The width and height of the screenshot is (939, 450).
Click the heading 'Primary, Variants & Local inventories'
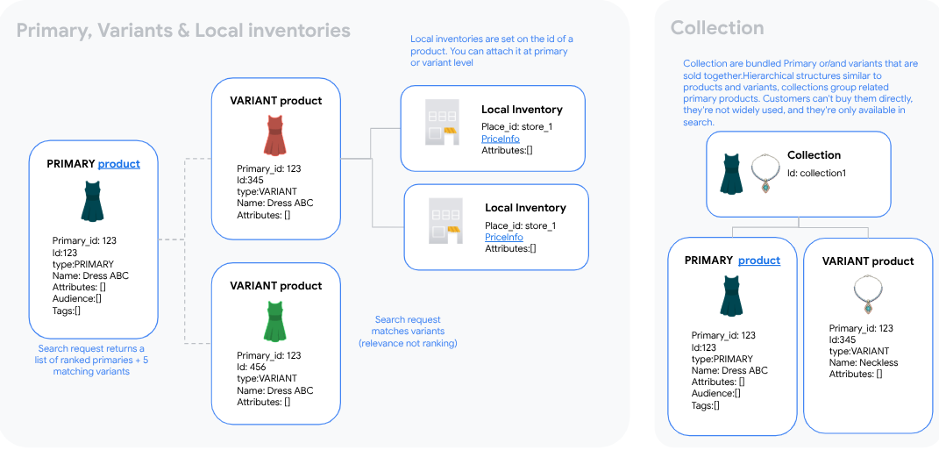tap(183, 31)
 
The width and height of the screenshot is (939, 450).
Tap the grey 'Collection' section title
tap(716, 28)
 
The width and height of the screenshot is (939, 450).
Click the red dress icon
tap(275, 134)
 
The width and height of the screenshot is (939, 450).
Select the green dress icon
tap(275, 321)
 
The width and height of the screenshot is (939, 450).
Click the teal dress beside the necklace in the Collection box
tap(730, 173)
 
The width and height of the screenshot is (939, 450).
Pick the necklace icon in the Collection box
tap(765, 174)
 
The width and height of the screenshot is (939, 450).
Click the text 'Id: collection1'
tap(816, 173)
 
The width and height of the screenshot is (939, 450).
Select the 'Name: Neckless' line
tap(864, 362)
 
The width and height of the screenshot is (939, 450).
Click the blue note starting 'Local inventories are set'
tap(491, 51)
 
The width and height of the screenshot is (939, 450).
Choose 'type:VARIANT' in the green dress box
tap(267, 379)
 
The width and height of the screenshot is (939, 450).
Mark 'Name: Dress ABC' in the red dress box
tap(274, 203)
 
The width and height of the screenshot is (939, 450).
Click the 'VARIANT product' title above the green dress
tap(275, 285)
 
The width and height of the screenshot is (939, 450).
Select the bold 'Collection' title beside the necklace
tap(814, 155)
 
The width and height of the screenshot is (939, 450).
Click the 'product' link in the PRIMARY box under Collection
tap(758, 261)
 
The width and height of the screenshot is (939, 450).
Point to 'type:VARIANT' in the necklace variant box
tap(859, 351)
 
